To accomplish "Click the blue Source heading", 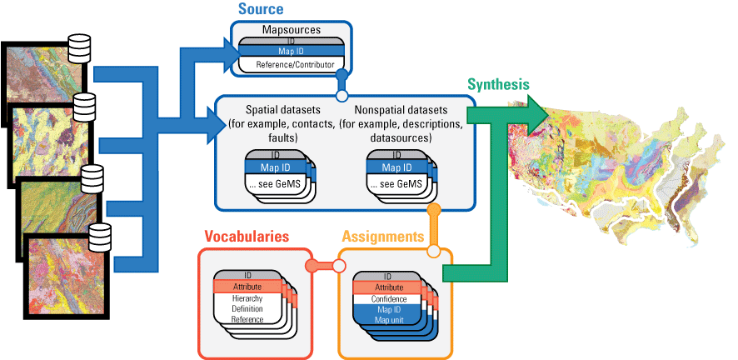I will coord(260,10).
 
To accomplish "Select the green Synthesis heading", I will coord(497,85).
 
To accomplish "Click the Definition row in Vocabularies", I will coord(248,309).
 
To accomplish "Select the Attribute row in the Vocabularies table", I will coord(248,287).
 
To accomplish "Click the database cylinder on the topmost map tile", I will coord(79,47).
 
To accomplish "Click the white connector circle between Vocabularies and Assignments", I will coord(339,266).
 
